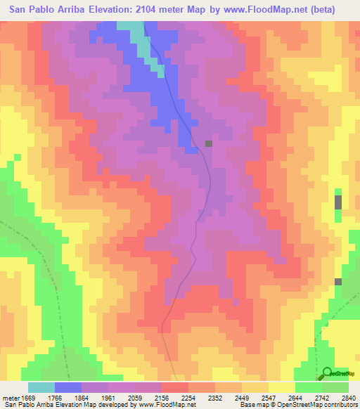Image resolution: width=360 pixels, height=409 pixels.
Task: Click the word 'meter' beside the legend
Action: [9, 397]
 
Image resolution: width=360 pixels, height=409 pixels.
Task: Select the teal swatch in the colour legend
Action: [41, 387]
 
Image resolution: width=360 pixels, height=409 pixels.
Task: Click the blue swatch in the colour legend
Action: [68, 387]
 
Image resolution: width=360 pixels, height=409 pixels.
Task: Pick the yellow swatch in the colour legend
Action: [282, 387]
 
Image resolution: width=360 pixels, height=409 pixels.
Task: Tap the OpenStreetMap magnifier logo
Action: [328, 375]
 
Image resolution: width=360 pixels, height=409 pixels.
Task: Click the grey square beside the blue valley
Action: [208, 143]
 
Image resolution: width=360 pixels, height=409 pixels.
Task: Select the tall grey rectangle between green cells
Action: [338, 202]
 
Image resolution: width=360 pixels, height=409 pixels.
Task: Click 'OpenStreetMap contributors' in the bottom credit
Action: [317, 405]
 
